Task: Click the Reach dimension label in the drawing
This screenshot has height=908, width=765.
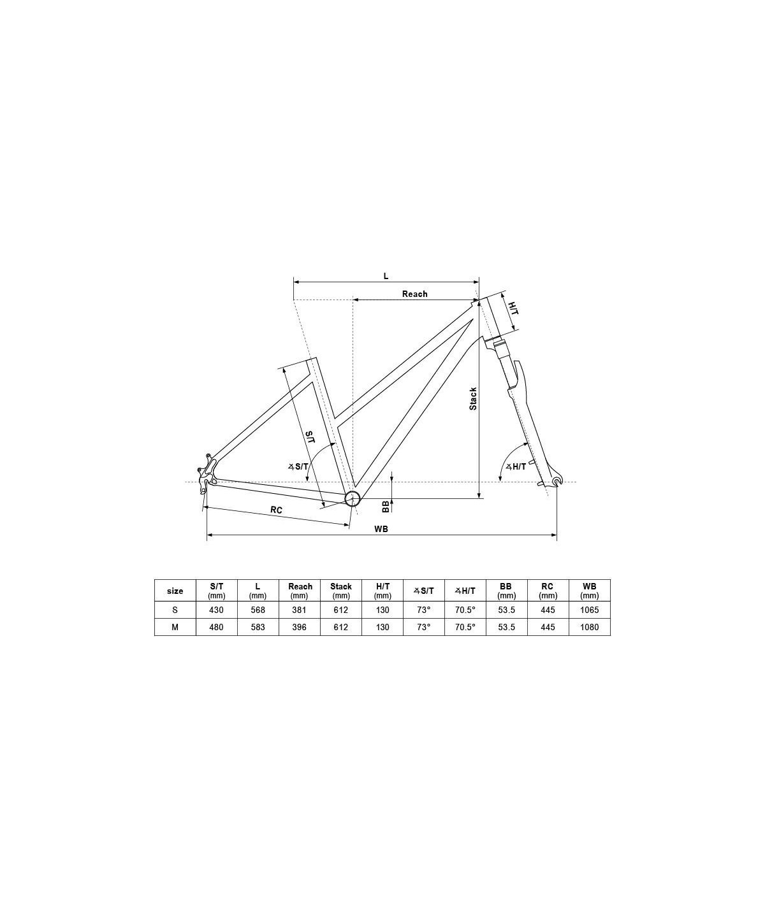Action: pos(414,294)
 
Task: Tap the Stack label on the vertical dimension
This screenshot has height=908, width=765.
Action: pos(473,398)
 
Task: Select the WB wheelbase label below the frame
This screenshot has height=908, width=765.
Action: pos(381,529)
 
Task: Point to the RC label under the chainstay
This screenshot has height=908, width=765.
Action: pos(276,510)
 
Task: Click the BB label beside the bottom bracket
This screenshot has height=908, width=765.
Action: pos(386,506)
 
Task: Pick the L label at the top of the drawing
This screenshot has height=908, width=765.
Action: pos(386,276)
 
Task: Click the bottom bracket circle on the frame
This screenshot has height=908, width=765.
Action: pos(353,498)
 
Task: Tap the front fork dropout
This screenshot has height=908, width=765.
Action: pos(558,480)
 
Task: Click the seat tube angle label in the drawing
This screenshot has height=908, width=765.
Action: pos(298,466)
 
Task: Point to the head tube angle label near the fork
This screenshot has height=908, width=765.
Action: pos(516,466)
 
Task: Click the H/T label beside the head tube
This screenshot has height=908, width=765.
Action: pos(512,308)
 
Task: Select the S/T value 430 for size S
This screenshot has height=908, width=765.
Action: pos(217,610)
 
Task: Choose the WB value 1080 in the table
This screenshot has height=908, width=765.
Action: pos(590,627)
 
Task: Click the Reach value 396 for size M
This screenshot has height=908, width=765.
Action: pos(300,627)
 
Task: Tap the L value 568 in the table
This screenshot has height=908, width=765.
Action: pos(258,610)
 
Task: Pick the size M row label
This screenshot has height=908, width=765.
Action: pos(175,627)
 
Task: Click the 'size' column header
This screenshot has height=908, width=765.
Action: pos(175,591)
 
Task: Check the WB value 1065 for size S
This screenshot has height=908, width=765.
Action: pos(590,610)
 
